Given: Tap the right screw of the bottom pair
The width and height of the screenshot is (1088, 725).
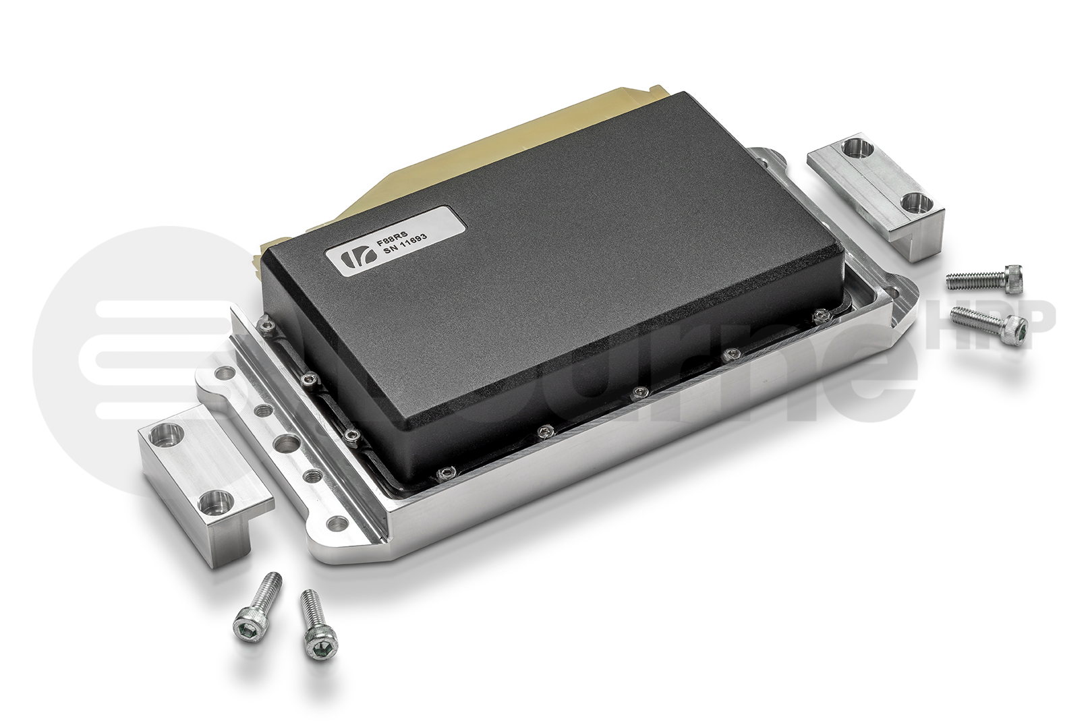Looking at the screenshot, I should pos(314,623).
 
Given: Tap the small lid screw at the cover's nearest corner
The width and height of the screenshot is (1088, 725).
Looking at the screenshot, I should pos(444,475).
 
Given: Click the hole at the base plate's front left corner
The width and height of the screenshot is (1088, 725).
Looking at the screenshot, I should pos(334,522).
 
